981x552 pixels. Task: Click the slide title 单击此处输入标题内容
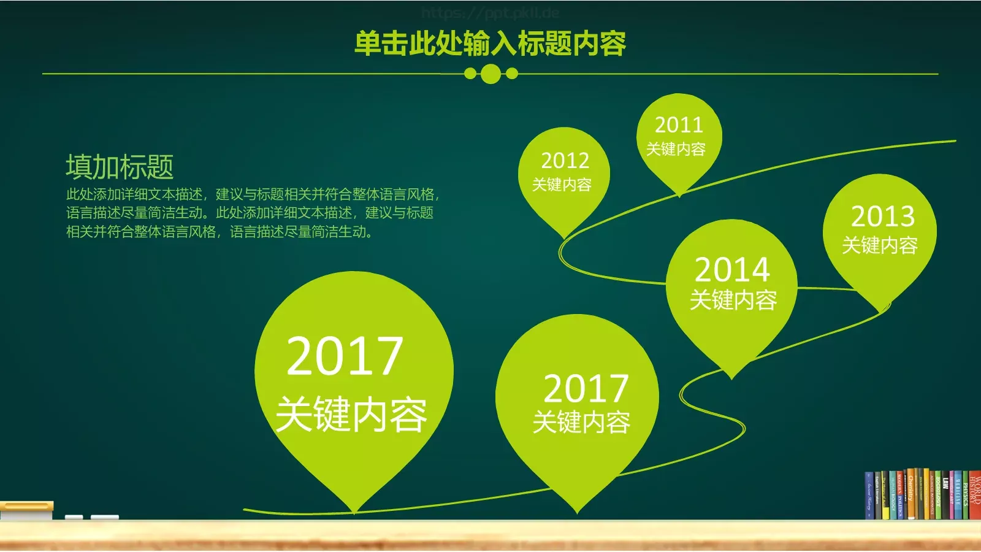click(x=490, y=44)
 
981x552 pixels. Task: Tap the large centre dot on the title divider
click(x=490, y=74)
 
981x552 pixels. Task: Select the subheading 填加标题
click(x=120, y=166)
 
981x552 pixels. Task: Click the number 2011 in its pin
click(x=679, y=125)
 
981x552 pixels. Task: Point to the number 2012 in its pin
click(x=565, y=161)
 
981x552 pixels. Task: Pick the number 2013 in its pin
click(x=882, y=216)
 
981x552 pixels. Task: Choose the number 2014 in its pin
click(x=732, y=269)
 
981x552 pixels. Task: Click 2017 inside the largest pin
click(x=345, y=356)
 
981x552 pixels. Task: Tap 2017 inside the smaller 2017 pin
click(x=586, y=388)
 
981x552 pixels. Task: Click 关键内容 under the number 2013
click(x=879, y=245)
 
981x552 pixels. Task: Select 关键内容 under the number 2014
click(x=733, y=300)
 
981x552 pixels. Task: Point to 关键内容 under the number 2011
click(x=676, y=149)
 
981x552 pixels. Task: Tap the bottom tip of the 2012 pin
click(x=564, y=236)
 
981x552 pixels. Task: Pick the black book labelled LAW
click(x=945, y=497)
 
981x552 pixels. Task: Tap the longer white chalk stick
click(x=104, y=518)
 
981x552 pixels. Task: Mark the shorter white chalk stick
click(x=74, y=518)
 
